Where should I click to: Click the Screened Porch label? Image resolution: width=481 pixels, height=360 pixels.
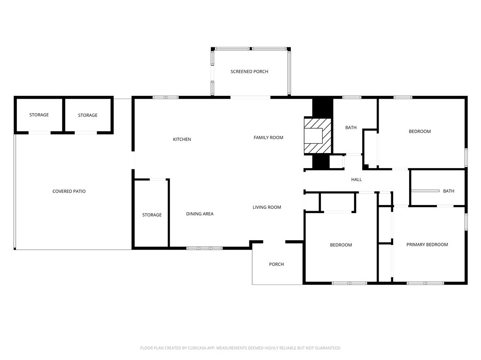click(249, 71)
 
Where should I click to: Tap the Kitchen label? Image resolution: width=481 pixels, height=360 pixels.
click(182, 139)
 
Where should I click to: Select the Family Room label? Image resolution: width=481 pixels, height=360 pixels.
click(268, 138)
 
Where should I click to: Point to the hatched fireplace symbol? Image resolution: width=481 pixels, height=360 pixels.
click(318, 136)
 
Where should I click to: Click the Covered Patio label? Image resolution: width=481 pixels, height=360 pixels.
click(69, 191)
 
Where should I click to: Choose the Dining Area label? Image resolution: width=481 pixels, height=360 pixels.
click(200, 214)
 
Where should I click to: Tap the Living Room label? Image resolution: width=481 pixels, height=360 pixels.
click(267, 207)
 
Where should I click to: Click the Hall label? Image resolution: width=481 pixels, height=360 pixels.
click(357, 179)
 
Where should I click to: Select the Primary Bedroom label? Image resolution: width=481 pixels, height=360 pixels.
click(427, 245)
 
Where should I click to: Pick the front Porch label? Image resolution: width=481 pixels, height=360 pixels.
click(276, 264)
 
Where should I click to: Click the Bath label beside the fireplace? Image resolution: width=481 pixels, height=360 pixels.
click(351, 128)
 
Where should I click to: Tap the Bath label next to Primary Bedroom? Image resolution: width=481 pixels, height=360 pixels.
click(449, 191)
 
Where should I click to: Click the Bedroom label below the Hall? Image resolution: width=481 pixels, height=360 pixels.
click(341, 245)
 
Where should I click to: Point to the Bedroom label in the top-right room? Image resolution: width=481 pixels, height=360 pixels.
click(419, 131)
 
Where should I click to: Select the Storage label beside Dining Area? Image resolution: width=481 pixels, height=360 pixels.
click(152, 215)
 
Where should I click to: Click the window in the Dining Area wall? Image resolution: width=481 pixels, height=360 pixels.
click(205, 248)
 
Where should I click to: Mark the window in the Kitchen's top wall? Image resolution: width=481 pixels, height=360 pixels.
click(166, 98)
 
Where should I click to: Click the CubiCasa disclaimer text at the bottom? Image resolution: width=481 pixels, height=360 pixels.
click(240, 348)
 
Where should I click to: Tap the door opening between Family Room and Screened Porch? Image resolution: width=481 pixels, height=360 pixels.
click(250, 98)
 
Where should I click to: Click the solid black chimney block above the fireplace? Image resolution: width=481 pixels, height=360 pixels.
click(322, 107)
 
